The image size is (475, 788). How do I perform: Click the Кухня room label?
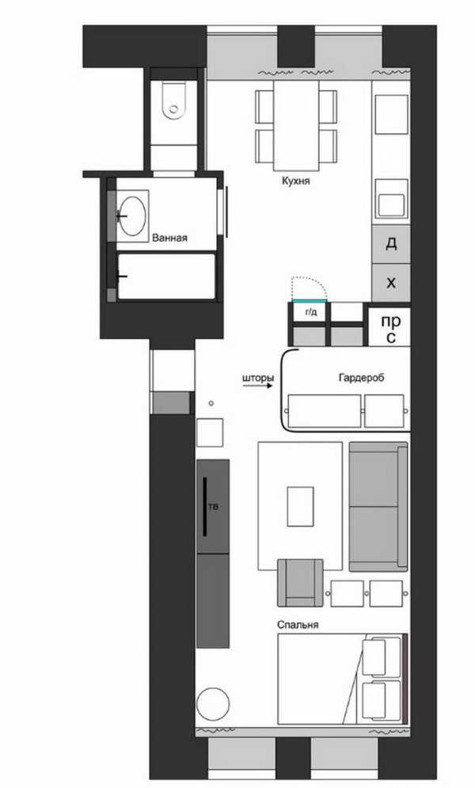tap(296, 181)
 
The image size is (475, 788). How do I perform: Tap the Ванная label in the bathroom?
tap(169, 238)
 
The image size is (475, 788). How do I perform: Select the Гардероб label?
tap(362, 378)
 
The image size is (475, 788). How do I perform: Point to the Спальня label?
tap(298, 625)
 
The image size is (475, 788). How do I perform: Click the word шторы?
tap(258, 378)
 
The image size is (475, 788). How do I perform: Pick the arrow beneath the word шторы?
tap(258, 386)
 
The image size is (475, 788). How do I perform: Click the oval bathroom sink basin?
tap(132, 215)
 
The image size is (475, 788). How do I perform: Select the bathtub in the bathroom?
tap(166, 276)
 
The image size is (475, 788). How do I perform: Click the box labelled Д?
tap(391, 244)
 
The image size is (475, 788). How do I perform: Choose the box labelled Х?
tap(391, 283)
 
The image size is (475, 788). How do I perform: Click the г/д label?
tap(311, 312)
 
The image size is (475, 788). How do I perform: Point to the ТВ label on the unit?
tap(214, 507)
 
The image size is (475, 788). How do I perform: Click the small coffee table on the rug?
tap(300, 506)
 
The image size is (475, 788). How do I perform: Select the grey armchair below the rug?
tap(300, 583)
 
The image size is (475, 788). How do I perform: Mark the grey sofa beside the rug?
tap(378, 507)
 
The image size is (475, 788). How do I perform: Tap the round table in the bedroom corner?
tap(212, 704)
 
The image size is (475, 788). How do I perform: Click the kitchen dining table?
tap(296, 126)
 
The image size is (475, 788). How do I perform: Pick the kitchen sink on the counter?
tap(392, 199)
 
